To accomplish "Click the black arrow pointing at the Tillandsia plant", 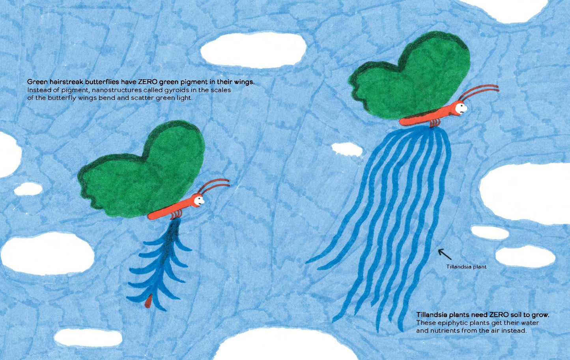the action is (x=444, y=254).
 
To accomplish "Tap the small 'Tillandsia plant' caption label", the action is (x=466, y=267).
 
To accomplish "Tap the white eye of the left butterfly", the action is (x=198, y=201).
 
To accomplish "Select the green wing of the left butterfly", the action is (x=141, y=170).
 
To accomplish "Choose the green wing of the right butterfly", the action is (x=410, y=76).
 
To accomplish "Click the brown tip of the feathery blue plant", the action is (x=148, y=301).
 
